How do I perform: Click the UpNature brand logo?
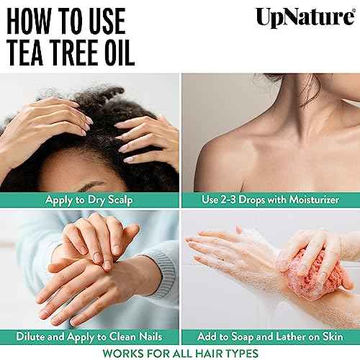[x=304, y=16]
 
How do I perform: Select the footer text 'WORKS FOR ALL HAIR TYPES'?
[x=180, y=352]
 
